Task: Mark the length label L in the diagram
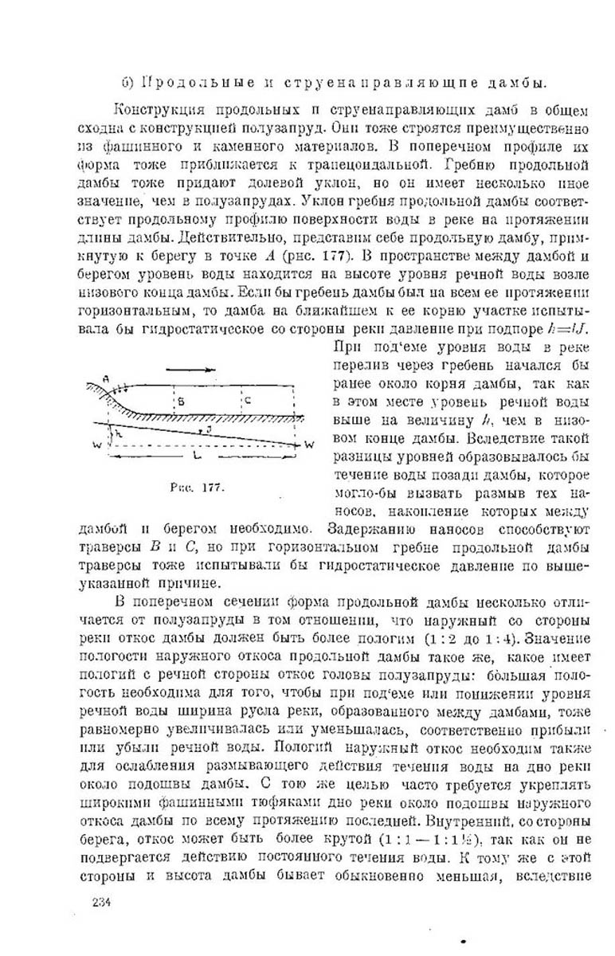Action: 195,456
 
